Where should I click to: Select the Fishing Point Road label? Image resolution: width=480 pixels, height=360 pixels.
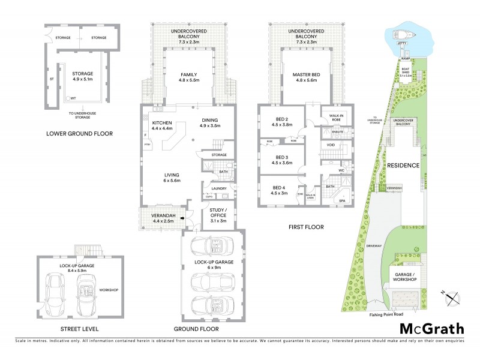click(x=390, y=313)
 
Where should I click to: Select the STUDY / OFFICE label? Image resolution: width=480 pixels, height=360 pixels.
click(x=218, y=217)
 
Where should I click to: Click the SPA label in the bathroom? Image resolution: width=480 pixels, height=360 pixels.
click(x=341, y=200)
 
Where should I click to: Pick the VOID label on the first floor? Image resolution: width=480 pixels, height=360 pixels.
click(x=331, y=145)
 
